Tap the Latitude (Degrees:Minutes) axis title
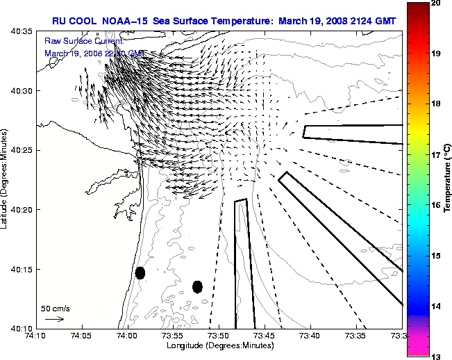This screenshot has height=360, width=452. tap(6, 179)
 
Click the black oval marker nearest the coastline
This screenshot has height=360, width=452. tap(140, 272)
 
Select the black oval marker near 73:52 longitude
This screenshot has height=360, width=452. tap(197, 286)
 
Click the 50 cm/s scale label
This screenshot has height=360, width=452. tap(55, 308)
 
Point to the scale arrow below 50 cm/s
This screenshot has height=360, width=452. tap(54, 319)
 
